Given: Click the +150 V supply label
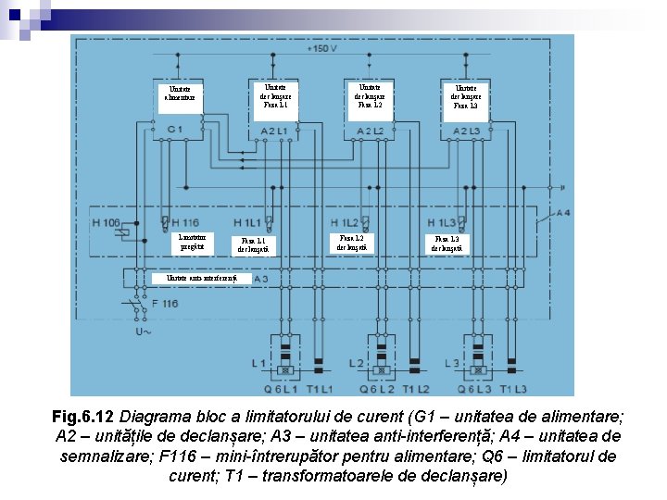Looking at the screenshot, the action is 322,49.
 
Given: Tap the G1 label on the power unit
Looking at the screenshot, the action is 174,130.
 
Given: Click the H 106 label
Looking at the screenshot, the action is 107,223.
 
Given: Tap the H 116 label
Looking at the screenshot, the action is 185,223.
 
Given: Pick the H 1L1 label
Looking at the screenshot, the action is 247,223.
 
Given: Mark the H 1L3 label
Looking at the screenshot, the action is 441,223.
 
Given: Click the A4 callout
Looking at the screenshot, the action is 563,212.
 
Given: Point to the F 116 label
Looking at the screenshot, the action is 165,303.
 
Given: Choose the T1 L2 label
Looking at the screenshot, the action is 416,388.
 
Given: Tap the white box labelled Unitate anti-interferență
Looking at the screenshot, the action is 198,279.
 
